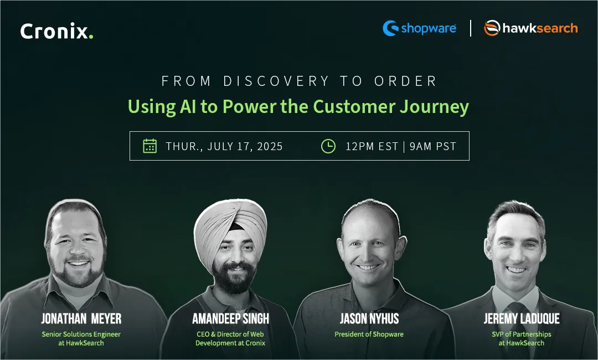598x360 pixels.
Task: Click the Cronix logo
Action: click(56, 31)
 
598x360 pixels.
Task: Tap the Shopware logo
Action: click(420, 28)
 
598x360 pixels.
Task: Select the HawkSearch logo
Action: click(530, 28)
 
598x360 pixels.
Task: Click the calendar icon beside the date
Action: click(149, 146)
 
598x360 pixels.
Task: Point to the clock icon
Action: click(328, 146)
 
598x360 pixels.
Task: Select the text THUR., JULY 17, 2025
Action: click(224, 146)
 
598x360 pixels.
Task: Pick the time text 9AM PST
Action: click(433, 146)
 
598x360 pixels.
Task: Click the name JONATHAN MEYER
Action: click(81, 318)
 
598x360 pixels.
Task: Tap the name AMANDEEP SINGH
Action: click(230, 318)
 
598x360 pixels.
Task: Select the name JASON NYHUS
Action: click(369, 318)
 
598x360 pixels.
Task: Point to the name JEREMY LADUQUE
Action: click(521, 318)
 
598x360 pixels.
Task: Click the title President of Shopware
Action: click(369, 334)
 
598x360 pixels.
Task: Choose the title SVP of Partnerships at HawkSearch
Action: click(521, 338)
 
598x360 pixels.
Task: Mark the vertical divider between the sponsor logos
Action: click(471, 28)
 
